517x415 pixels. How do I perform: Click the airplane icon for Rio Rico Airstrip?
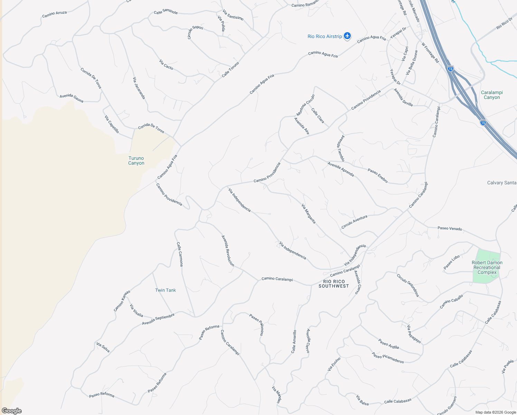tap(347, 36)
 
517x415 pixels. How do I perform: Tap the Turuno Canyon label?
tap(136, 160)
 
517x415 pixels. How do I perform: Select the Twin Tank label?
tap(165, 290)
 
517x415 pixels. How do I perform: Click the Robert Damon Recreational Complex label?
tap(487, 267)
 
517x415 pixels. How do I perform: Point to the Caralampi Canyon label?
tap(491, 95)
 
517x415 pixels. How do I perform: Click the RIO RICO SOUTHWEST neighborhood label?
tap(333, 284)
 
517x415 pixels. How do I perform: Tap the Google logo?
tap(11, 411)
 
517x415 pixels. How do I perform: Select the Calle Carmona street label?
tap(180, 254)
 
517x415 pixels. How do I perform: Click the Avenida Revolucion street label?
tap(228, 251)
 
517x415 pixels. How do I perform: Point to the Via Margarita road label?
tap(309, 214)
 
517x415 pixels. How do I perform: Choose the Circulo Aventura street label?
tap(354, 222)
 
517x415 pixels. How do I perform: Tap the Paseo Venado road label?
tap(450, 228)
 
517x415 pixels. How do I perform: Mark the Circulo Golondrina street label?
tap(408, 285)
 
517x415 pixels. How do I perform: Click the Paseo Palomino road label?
tap(257, 324)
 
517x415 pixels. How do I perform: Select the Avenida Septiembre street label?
tap(158, 319)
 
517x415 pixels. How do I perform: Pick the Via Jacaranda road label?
tap(139, 88)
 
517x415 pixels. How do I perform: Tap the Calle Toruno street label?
tap(230, 70)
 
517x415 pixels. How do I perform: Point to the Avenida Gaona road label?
tap(72, 98)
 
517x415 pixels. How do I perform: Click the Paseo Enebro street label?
tap(377, 176)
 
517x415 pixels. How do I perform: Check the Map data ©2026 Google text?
tap(495, 412)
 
